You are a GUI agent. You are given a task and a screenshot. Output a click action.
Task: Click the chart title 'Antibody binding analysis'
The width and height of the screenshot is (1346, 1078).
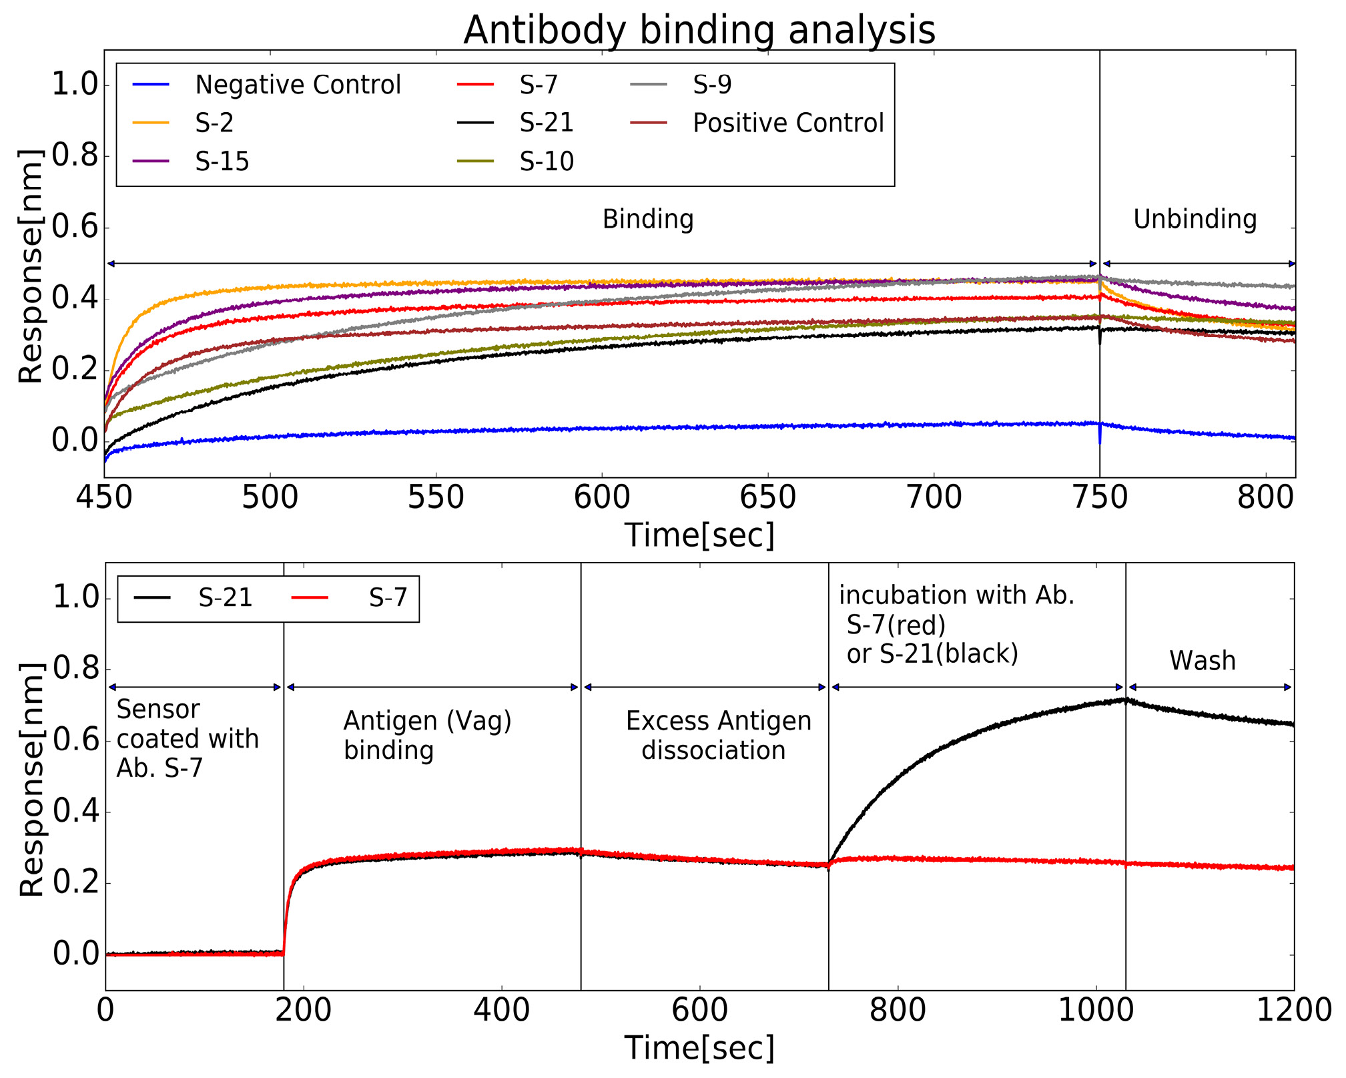[x=699, y=30]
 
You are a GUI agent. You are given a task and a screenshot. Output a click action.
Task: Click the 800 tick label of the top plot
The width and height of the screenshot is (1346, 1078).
[x=1265, y=498]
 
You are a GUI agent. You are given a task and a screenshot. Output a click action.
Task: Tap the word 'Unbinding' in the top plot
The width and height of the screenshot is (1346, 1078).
[x=1195, y=220]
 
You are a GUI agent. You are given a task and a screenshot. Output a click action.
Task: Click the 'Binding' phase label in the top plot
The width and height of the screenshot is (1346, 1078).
[x=647, y=220]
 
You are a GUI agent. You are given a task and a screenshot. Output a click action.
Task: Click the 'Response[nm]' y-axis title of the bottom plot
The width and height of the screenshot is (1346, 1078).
[x=31, y=780]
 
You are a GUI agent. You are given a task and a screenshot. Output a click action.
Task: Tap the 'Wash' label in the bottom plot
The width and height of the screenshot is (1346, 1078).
[x=1202, y=661]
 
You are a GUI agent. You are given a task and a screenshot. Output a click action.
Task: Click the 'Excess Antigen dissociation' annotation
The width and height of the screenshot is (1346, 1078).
[x=717, y=736]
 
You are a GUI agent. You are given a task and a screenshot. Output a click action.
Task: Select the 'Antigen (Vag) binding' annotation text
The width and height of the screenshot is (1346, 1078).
[x=427, y=736]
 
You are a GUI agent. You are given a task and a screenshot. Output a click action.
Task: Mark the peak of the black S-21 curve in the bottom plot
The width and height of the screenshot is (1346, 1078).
[x=1125, y=700]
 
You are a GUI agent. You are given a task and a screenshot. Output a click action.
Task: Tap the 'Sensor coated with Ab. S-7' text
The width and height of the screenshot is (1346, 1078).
[x=187, y=739]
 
